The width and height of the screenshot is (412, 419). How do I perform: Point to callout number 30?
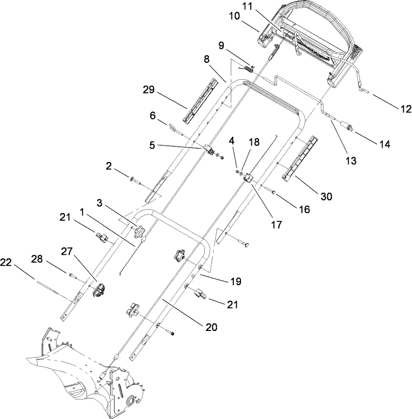(326, 196)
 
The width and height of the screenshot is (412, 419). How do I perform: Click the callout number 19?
(236, 282)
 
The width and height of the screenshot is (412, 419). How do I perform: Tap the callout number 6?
(153, 117)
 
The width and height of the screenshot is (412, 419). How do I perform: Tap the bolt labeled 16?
(271, 192)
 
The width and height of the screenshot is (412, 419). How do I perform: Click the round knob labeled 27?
(99, 290)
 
